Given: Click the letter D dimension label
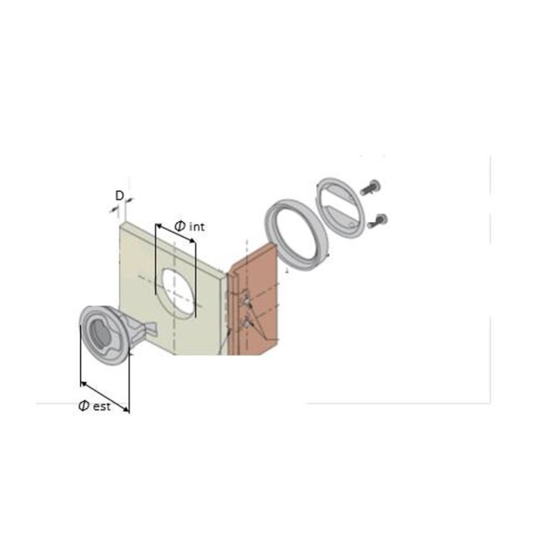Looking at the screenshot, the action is pos(119,196).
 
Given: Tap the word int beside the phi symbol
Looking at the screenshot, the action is pos(197,227).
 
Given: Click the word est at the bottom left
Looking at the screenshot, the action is pos(102,406).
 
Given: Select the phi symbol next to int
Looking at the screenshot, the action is pos(180,226).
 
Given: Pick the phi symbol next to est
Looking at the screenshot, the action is pos(83,406).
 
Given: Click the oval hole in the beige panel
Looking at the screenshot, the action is pos(179,293).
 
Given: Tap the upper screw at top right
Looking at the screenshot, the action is pos(370,187).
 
